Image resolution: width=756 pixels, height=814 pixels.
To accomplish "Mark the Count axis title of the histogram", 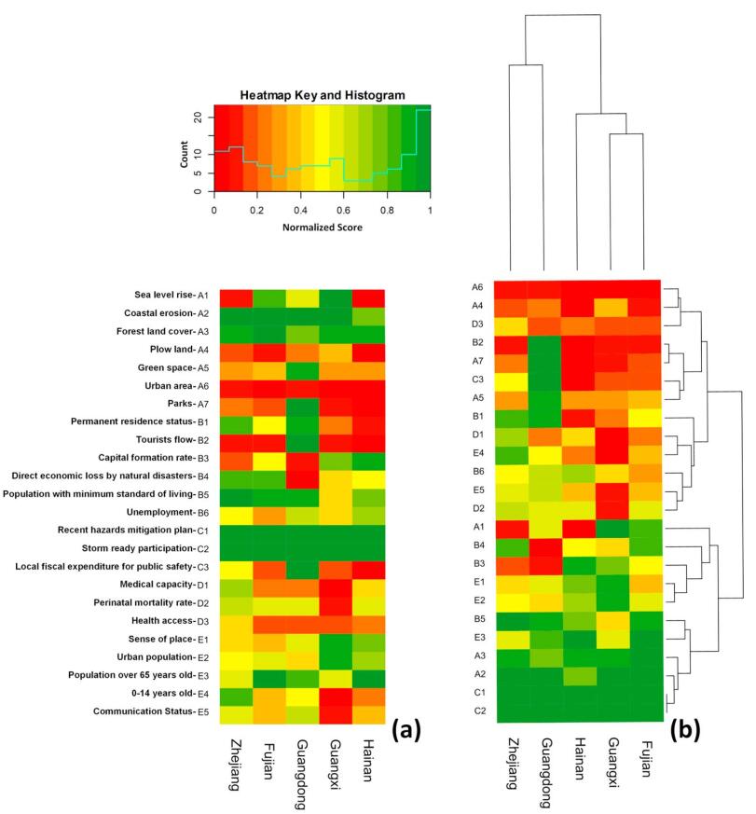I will click(x=186, y=154).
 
